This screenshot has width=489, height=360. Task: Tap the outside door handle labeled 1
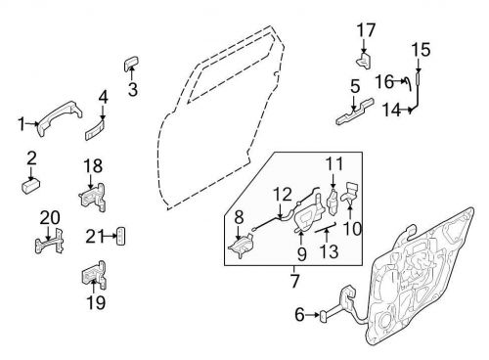56,115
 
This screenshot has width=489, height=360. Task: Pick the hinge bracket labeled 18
94,196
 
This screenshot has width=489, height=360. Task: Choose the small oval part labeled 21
121,235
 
